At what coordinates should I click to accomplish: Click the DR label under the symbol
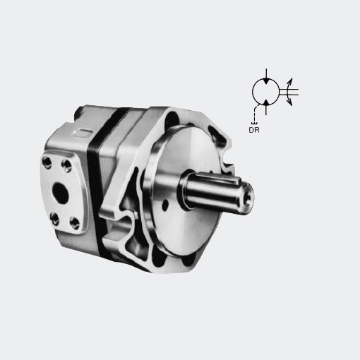click(x=254, y=130)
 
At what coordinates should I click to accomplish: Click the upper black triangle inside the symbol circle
click(x=266, y=81)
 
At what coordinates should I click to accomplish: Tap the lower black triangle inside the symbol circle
click(x=266, y=102)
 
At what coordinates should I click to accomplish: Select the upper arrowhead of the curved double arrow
click(x=290, y=81)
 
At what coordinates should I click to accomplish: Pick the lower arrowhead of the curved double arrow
click(x=290, y=102)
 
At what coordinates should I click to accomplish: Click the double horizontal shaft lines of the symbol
click(x=289, y=92)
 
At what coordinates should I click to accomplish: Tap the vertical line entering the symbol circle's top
click(x=266, y=73)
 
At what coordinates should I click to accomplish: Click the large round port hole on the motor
click(x=60, y=193)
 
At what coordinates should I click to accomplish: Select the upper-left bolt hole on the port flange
click(x=47, y=162)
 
